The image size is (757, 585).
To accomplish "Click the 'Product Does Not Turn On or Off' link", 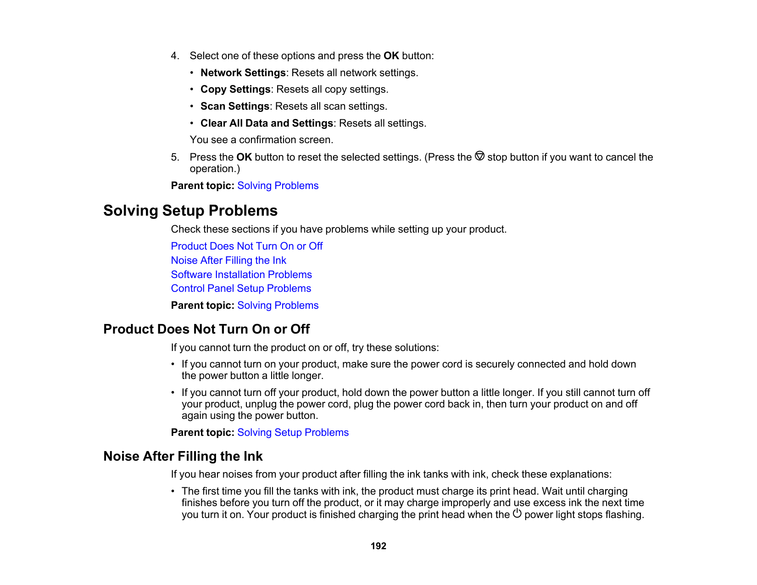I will pyautogui.click(x=246, y=246).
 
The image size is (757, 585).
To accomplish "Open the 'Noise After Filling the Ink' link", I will pyautogui.click(x=228, y=261).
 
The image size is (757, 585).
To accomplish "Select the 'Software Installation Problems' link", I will pyautogui.click(x=241, y=275).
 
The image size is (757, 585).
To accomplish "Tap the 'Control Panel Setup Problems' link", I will pyautogui.click(x=241, y=289).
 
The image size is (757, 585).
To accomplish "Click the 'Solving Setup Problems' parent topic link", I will pyautogui.click(x=293, y=433).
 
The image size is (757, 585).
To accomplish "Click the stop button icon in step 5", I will pyautogui.click(x=479, y=156).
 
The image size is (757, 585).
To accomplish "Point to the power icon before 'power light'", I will pyautogui.click(x=517, y=514).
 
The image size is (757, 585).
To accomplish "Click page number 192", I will pyautogui.click(x=378, y=546).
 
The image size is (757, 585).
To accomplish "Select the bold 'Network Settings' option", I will pyautogui.click(x=243, y=73).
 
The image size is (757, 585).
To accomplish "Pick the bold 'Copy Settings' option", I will pyautogui.click(x=235, y=89).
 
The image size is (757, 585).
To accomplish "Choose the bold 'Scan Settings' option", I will pyautogui.click(x=235, y=106).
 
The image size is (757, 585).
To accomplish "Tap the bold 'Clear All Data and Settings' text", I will pyautogui.click(x=267, y=123).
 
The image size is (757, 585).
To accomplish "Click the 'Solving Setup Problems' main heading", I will pyautogui.click(x=190, y=211).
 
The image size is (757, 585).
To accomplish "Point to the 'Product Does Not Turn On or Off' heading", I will pyautogui.click(x=206, y=329).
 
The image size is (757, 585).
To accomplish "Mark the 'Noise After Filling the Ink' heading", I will pyautogui.click(x=183, y=457).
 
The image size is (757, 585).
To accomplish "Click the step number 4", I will pyautogui.click(x=174, y=56).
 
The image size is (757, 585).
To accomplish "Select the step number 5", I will pyautogui.click(x=174, y=157).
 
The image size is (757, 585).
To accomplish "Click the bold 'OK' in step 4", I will pyautogui.click(x=391, y=56).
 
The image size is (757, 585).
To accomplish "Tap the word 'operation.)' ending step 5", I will pyautogui.click(x=215, y=169).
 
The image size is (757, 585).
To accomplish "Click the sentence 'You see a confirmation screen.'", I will pyautogui.click(x=262, y=140).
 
